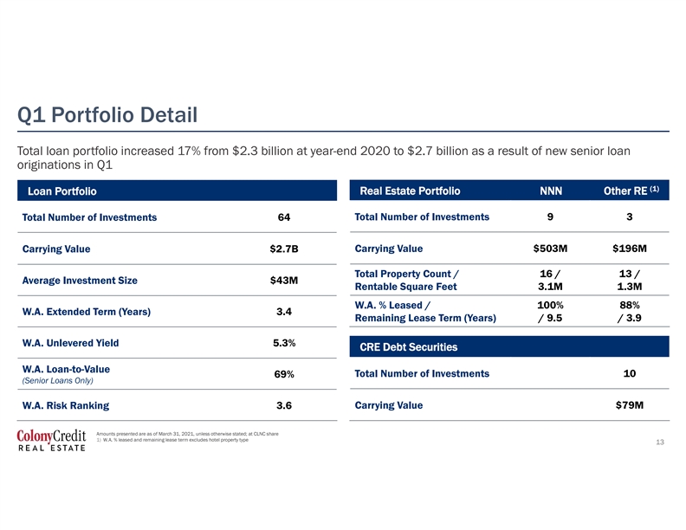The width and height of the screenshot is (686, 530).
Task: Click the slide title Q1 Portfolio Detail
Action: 107,115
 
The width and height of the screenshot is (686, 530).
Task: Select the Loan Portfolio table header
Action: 62,191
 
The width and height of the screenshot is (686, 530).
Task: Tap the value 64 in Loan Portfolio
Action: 284,217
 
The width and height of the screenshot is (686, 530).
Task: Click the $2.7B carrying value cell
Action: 284,249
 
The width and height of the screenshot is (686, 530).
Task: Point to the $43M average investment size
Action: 284,281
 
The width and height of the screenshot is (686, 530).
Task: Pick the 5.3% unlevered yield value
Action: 284,343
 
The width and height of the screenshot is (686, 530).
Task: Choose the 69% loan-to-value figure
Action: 284,374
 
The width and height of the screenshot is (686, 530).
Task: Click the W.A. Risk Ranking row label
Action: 66,405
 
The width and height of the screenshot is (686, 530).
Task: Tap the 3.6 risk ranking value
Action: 284,405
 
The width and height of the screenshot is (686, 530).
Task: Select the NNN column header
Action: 551,191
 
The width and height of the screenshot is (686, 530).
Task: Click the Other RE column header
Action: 631,191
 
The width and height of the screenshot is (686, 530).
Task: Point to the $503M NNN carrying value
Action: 550,249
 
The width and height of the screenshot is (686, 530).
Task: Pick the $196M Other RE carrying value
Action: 630,249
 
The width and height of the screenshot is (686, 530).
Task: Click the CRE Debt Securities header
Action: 409,346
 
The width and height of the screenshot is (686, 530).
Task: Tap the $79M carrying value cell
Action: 630,405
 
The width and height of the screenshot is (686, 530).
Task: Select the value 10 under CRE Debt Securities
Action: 630,373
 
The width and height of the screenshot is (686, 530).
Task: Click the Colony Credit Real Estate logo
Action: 52,440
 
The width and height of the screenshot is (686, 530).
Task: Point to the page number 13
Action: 660,443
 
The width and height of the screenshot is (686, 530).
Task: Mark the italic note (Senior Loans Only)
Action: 58,380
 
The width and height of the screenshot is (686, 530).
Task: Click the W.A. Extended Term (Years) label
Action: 87,312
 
